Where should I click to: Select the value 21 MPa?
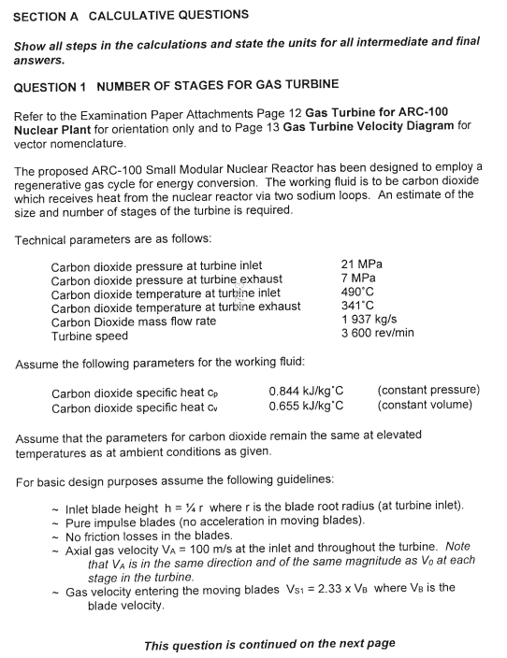click(x=363, y=265)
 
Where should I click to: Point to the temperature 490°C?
click(x=361, y=292)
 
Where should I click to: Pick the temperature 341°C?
click(x=361, y=306)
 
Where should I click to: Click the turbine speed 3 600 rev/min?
click(x=379, y=333)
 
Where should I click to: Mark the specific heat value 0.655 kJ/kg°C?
click(x=306, y=406)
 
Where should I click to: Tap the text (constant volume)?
click(x=425, y=406)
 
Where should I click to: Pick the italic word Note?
click(x=458, y=547)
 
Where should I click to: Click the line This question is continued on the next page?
click(x=269, y=644)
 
